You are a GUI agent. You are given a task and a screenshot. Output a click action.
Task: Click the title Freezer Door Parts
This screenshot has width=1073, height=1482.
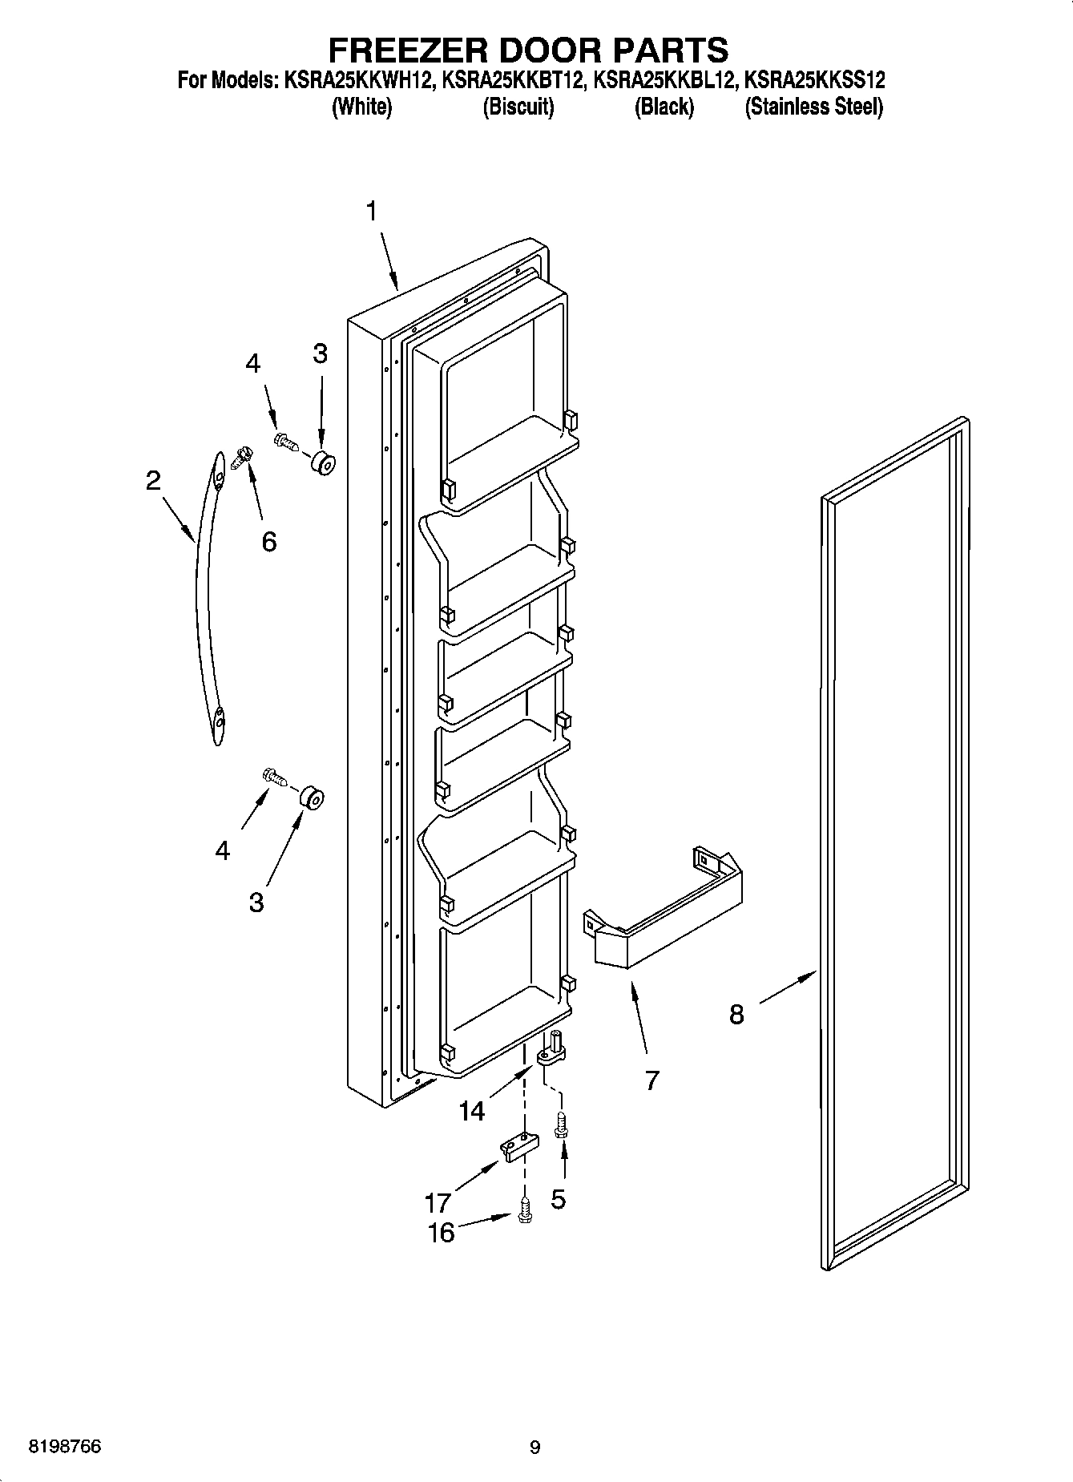(x=529, y=50)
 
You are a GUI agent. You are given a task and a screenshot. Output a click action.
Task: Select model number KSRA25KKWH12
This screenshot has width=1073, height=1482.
(x=356, y=80)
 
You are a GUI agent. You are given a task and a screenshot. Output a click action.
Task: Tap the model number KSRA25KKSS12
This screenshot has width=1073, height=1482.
(x=815, y=80)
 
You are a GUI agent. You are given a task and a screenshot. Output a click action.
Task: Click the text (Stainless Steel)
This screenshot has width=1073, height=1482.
(x=813, y=107)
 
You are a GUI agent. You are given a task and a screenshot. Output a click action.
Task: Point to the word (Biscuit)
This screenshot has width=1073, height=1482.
(x=518, y=107)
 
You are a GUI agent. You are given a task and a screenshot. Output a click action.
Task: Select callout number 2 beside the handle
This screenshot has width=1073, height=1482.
(x=153, y=481)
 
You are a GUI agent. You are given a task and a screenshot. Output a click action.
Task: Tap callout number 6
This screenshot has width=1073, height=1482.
(x=269, y=542)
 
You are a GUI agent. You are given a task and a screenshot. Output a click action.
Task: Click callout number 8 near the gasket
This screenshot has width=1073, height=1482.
(x=736, y=1015)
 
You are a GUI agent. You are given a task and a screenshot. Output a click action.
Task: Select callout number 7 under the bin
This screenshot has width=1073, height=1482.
(x=651, y=1080)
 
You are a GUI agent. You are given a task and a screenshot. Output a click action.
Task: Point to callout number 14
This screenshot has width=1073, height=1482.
(x=472, y=1111)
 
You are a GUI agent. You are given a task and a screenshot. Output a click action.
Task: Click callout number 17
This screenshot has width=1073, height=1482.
(x=438, y=1202)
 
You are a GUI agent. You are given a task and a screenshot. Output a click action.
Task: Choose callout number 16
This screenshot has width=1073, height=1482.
(x=441, y=1232)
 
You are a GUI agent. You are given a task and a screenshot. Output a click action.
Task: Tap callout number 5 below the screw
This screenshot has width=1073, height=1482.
(x=558, y=1199)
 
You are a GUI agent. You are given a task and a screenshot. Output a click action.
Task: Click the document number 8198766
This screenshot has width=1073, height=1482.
(x=64, y=1447)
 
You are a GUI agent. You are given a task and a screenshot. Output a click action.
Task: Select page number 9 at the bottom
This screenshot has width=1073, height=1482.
(x=535, y=1447)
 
